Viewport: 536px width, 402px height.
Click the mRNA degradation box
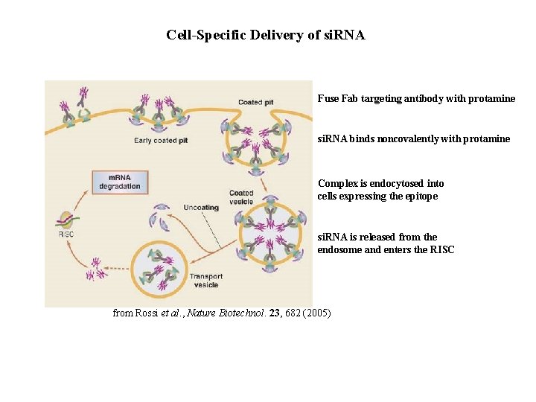tap(120, 182)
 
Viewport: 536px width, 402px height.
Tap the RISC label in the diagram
tap(66, 234)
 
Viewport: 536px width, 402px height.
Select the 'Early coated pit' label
tap(156, 140)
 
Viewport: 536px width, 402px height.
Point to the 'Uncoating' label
tap(201, 207)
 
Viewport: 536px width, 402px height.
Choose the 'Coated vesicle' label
tap(241, 197)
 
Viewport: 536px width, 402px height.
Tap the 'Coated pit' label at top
tap(255, 102)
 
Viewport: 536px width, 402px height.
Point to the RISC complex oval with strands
tap(66, 220)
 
